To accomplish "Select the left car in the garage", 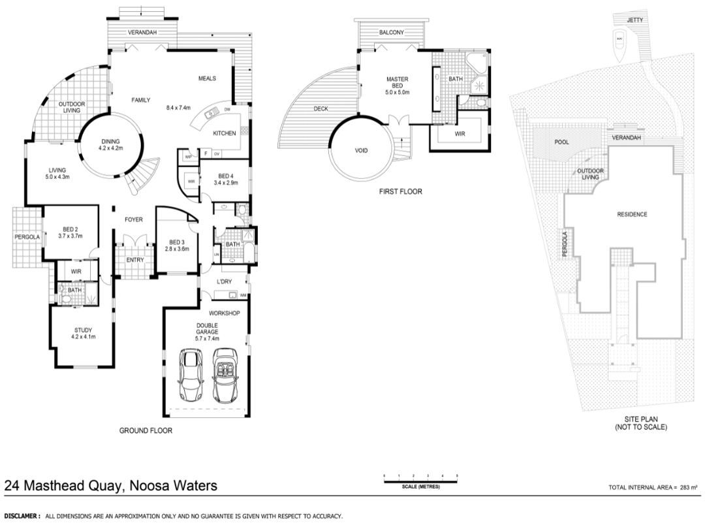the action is [192, 376].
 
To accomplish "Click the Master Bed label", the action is [397, 83].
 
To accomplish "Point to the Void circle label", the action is [361, 151].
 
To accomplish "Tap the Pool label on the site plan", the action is [561, 142].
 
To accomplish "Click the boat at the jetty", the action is [620, 40].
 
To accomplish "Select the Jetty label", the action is [635, 20].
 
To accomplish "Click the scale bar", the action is [420, 482].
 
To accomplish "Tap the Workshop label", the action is [225, 313].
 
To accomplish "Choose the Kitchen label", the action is [225, 133].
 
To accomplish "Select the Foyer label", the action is [133, 220].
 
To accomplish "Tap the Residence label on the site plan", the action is [632, 214].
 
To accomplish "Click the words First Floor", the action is [400, 192].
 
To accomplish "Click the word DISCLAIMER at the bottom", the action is [22, 516].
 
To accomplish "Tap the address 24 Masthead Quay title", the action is [111, 486].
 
